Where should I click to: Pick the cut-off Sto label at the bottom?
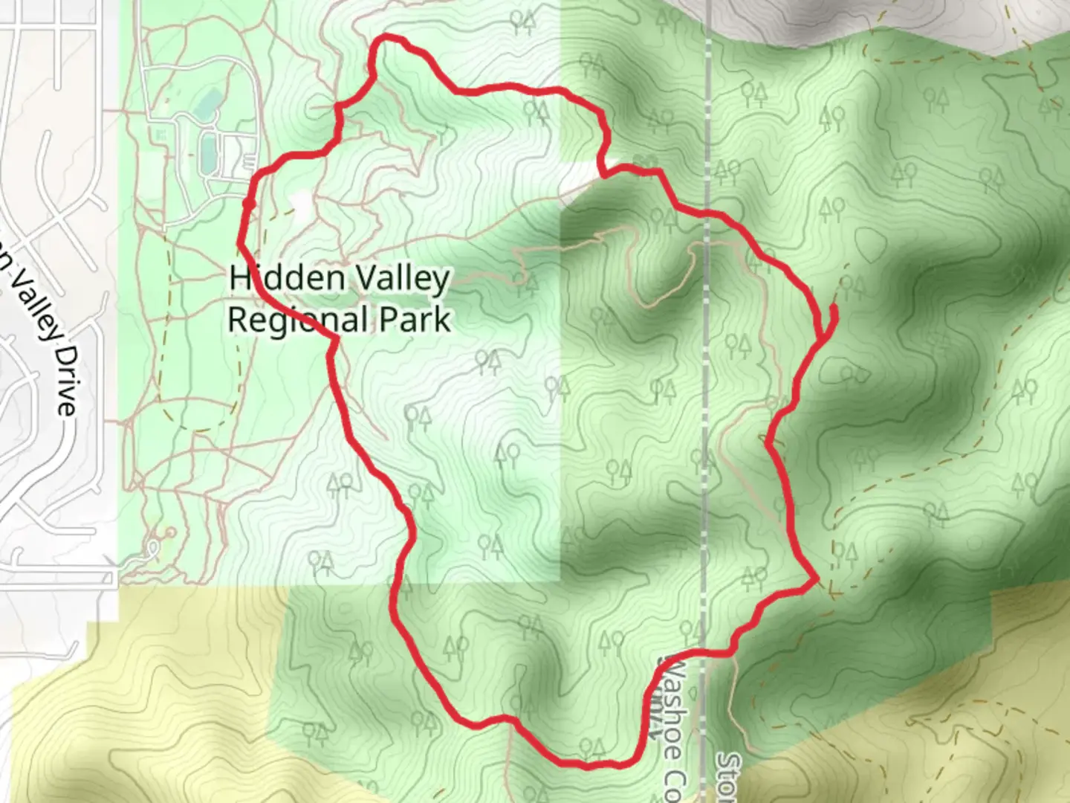pos(729,777)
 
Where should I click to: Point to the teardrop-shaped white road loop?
pos(153,548)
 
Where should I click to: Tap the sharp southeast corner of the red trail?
pos(817,578)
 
